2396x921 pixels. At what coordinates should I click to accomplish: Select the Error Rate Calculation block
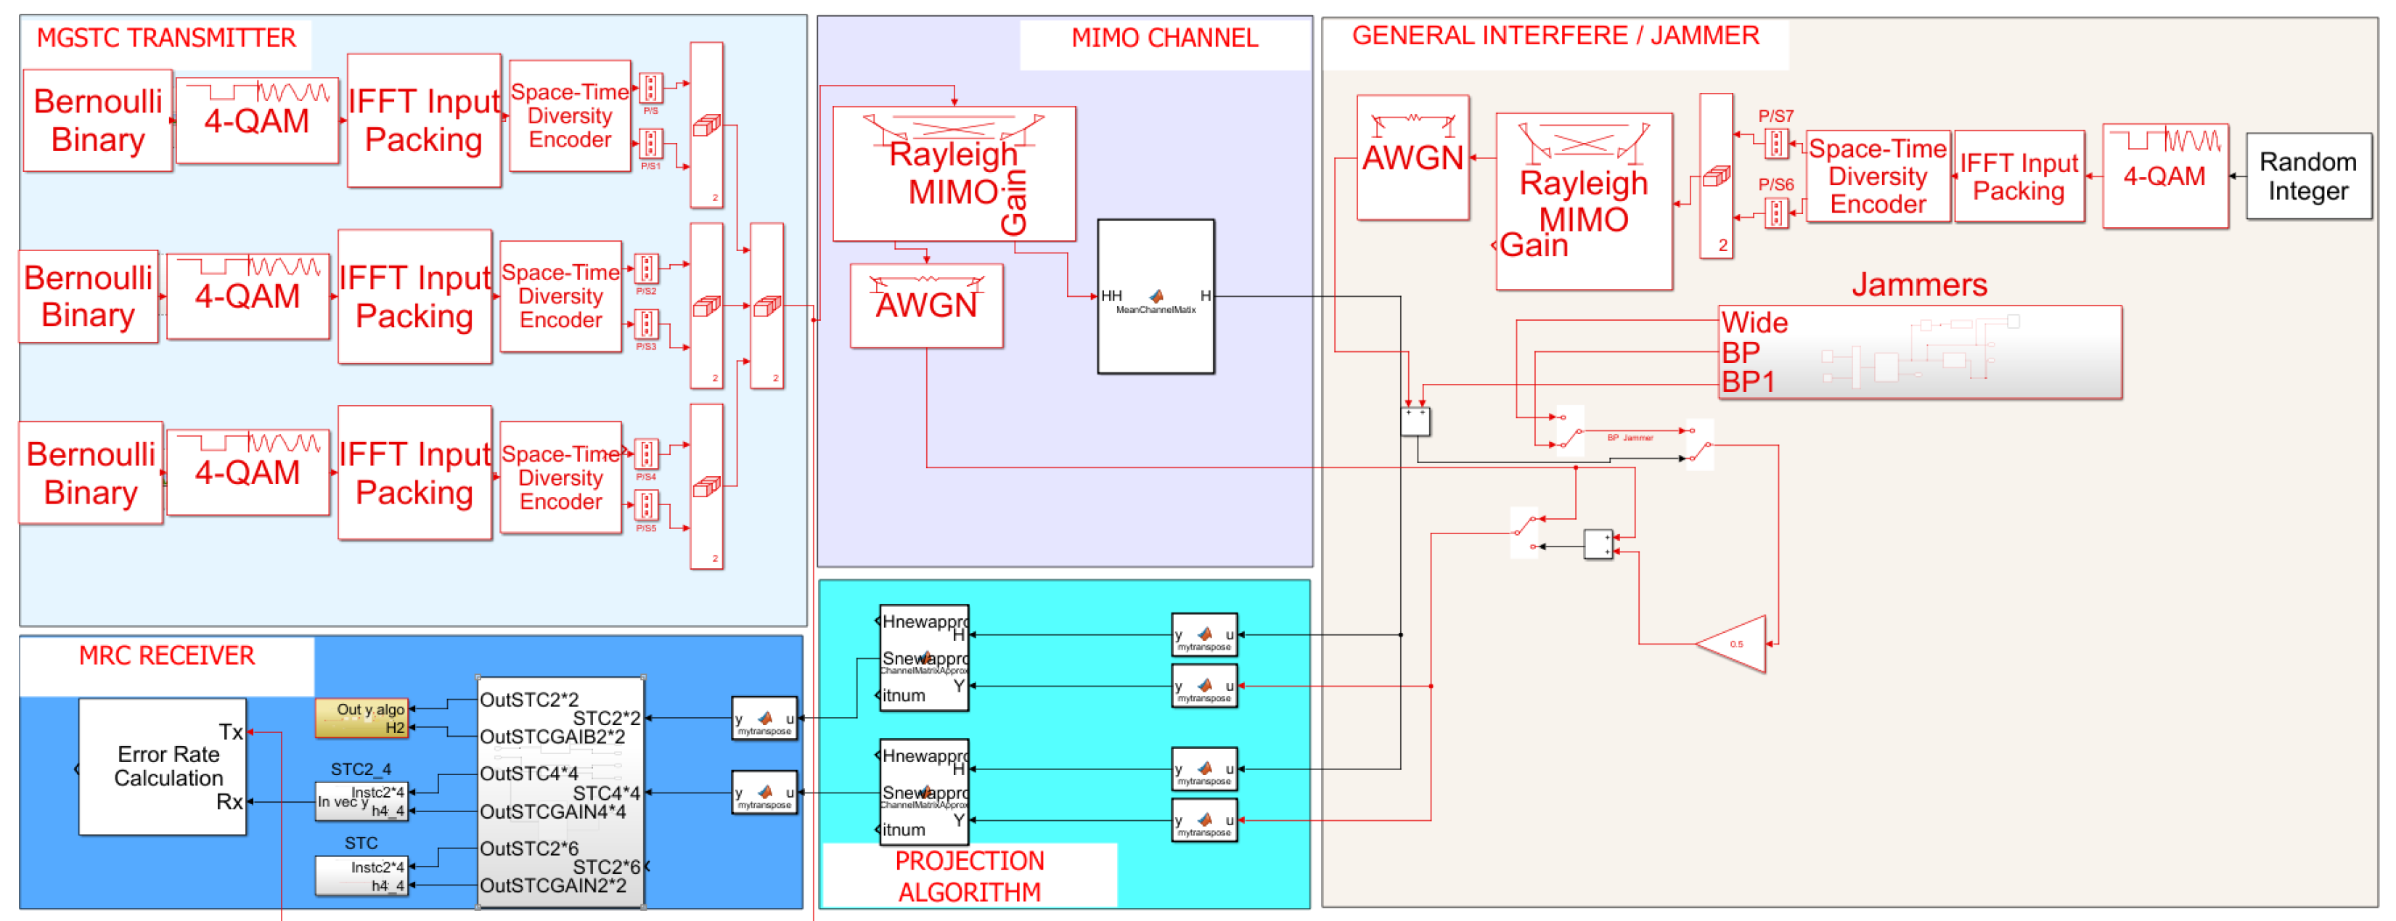(163, 766)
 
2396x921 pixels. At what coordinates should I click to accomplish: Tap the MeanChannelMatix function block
(1156, 297)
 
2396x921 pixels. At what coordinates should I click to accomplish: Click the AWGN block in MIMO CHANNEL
(926, 305)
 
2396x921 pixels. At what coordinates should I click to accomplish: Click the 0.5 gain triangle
(1735, 644)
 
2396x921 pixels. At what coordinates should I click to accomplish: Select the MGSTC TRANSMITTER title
(165, 38)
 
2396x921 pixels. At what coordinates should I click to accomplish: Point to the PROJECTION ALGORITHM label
(969, 875)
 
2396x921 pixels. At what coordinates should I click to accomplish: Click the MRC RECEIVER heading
(166, 656)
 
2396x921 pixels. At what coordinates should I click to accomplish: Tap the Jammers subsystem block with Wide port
(1919, 353)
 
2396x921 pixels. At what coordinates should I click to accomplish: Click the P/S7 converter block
(1775, 143)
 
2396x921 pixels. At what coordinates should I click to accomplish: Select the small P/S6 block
(1775, 213)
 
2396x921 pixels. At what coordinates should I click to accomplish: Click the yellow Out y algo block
(361, 717)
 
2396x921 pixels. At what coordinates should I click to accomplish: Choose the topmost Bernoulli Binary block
(98, 120)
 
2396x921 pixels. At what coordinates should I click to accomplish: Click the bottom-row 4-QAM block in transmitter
(248, 472)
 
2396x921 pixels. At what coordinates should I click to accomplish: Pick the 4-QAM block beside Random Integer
(2164, 176)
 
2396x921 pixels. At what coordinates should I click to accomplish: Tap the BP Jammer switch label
(1630, 437)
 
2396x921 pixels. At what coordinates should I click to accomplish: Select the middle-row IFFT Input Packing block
(415, 297)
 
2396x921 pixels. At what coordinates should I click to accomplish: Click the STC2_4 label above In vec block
(361, 769)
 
